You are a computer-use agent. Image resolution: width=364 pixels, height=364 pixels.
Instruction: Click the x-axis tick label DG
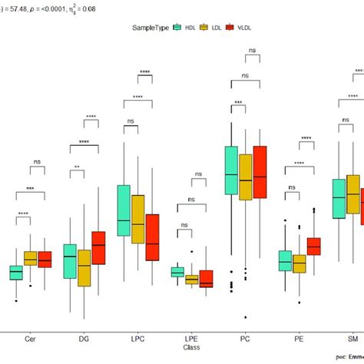point(84,339)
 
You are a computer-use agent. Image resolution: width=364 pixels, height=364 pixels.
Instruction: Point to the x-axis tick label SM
point(352,339)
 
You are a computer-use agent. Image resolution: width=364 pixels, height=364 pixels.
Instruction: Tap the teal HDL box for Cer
point(16,273)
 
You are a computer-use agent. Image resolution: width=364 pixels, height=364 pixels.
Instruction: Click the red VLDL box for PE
point(313,247)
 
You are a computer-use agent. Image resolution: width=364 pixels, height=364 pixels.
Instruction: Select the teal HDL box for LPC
point(124,211)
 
